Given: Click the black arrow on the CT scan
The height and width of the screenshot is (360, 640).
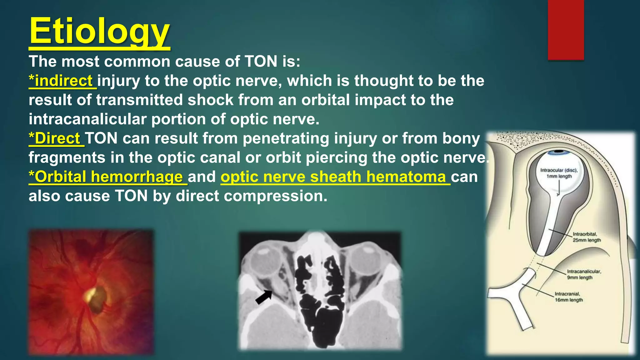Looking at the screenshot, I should click(x=264, y=297).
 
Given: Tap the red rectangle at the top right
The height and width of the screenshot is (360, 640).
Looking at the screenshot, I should click(x=566, y=30).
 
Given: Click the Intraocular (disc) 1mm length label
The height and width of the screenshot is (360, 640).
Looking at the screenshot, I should click(x=559, y=173).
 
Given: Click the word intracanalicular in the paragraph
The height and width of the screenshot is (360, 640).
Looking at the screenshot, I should click(x=87, y=119).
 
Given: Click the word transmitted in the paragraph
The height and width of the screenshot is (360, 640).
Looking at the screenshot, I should click(x=139, y=100).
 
